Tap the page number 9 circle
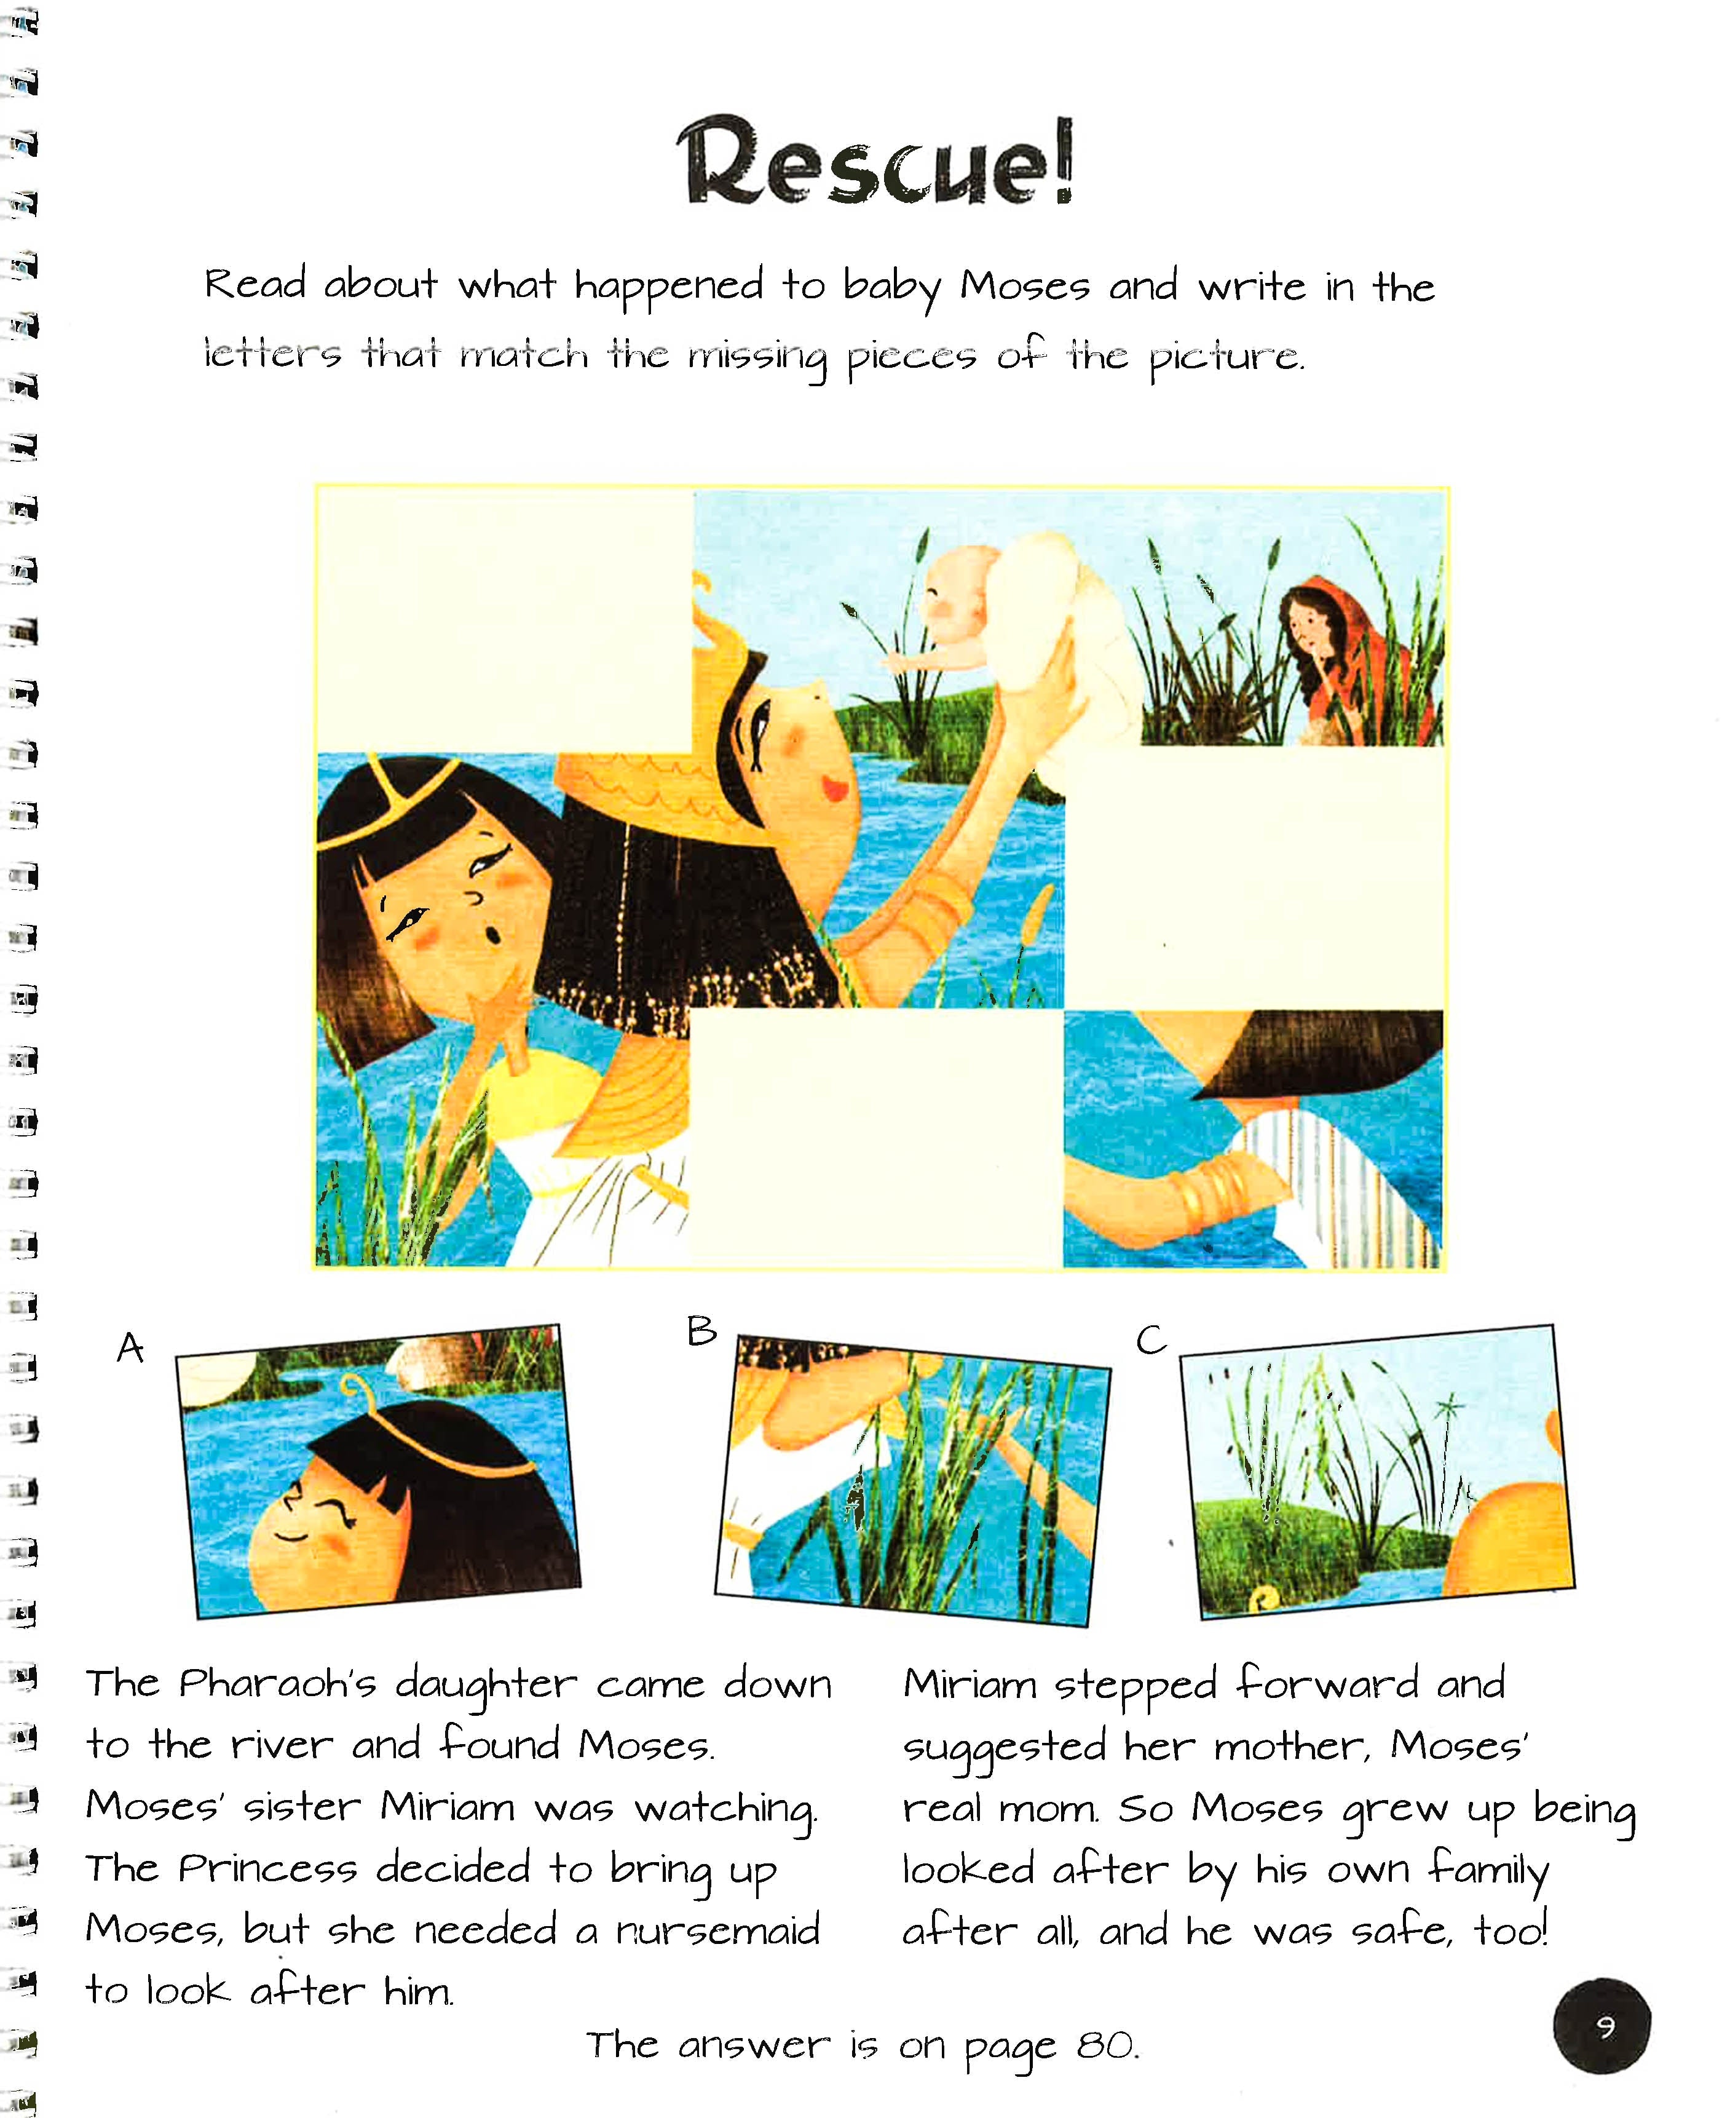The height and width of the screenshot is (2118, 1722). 1602,2027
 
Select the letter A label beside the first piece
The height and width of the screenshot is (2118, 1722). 130,1348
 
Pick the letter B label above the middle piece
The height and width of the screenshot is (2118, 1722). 701,1330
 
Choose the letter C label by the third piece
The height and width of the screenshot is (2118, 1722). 1151,1340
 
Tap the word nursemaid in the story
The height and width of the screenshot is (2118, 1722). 718,1930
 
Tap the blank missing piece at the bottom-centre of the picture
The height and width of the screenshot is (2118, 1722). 876,1138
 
